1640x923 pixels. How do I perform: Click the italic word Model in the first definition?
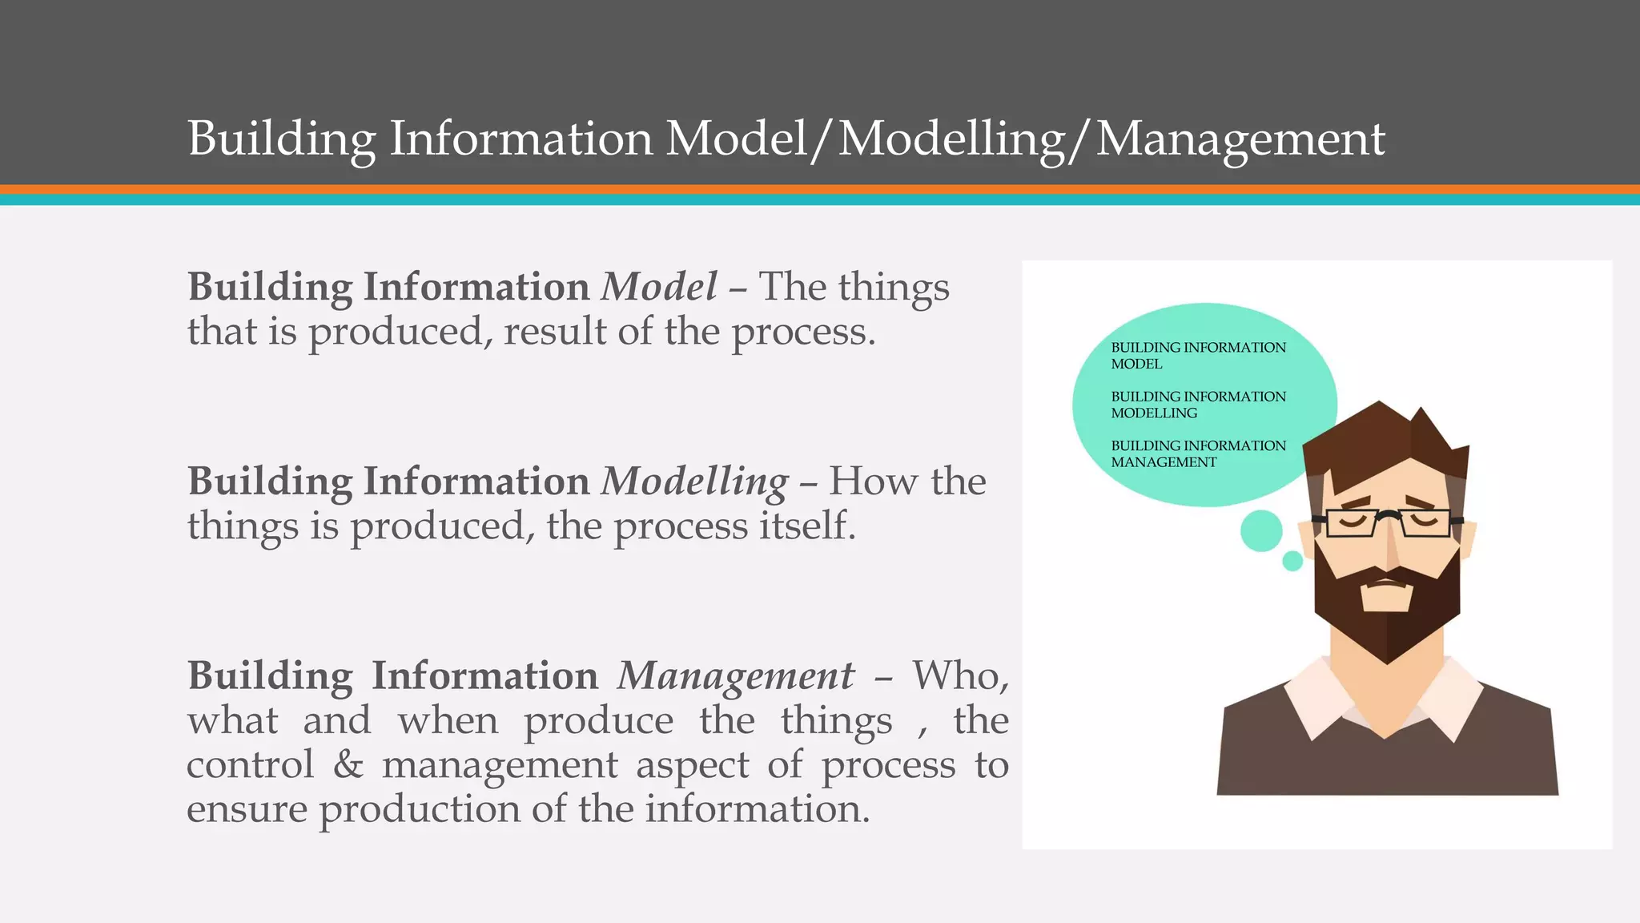pyautogui.click(x=658, y=287)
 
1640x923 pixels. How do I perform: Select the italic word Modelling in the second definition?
pyautogui.click(x=694, y=482)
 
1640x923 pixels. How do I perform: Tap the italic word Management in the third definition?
pyautogui.click(x=735, y=676)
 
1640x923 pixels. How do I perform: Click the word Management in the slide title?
pyautogui.click(x=1240, y=139)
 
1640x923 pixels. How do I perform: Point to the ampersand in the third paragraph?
pyautogui.click(x=348, y=764)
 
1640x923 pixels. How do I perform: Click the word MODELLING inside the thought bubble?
pyautogui.click(x=1154, y=413)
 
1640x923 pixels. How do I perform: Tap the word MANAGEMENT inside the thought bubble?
pyautogui.click(x=1164, y=462)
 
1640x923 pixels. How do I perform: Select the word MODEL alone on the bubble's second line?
pyautogui.click(x=1136, y=364)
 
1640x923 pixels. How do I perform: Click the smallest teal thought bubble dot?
pyautogui.click(x=1292, y=561)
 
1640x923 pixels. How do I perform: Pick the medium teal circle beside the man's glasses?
pyautogui.click(x=1261, y=530)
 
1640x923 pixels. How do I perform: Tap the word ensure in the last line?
pyautogui.click(x=247, y=809)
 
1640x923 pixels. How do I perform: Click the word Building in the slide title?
pyautogui.click(x=282, y=139)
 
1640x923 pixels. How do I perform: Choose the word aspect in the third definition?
pyautogui.click(x=693, y=764)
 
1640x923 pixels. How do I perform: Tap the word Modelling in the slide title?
pyautogui.click(x=951, y=139)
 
